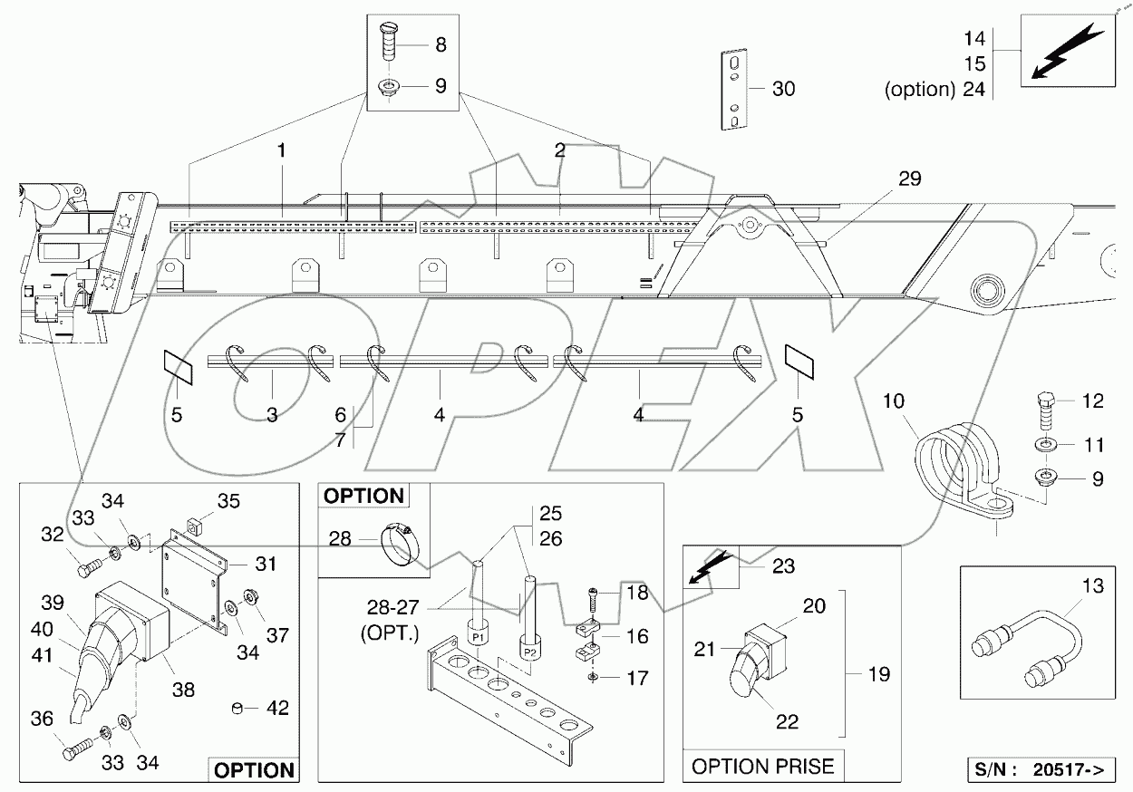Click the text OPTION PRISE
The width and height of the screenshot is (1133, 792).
pos(762,767)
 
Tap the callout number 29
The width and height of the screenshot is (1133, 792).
pos(909,179)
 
